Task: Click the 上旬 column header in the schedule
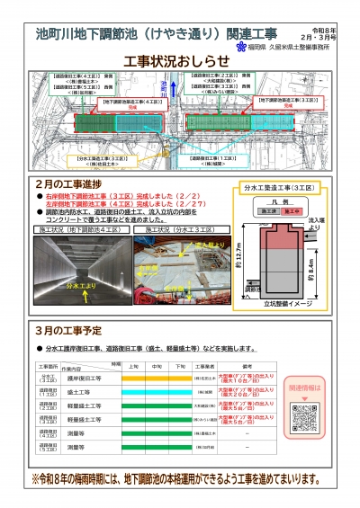[x=132, y=366]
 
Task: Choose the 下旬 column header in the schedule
[x=180, y=366]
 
